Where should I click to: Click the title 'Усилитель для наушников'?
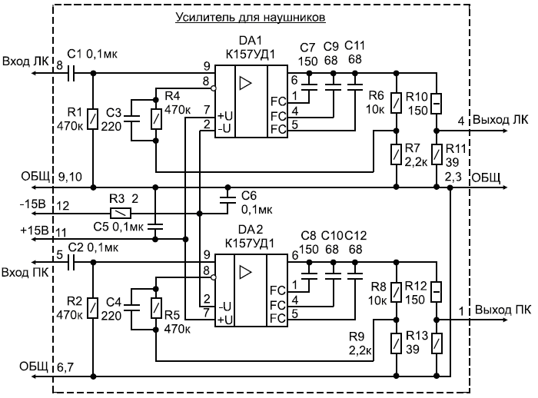click(x=250, y=17)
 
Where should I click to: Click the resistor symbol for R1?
click(x=93, y=119)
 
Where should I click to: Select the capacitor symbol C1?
click(x=71, y=73)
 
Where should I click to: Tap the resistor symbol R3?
click(x=121, y=214)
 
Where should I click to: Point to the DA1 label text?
click(x=250, y=41)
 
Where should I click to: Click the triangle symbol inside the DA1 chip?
click(x=245, y=83)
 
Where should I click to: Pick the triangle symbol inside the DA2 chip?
click(x=245, y=272)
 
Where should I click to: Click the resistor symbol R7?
click(x=397, y=154)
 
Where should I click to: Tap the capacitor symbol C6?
click(x=227, y=201)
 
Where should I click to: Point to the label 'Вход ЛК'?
click(x=25, y=61)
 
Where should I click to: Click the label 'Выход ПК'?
click(x=503, y=310)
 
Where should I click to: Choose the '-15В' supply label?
click(x=33, y=204)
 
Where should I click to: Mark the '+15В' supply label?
click(x=35, y=230)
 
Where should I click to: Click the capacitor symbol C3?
click(x=131, y=119)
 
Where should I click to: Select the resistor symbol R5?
click(x=156, y=308)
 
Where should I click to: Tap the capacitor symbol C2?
click(x=71, y=263)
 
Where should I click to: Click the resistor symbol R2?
click(x=93, y=308)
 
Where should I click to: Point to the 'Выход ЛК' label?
click(x=500, y=120)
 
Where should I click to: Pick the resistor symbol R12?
click(x=437, y=292)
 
